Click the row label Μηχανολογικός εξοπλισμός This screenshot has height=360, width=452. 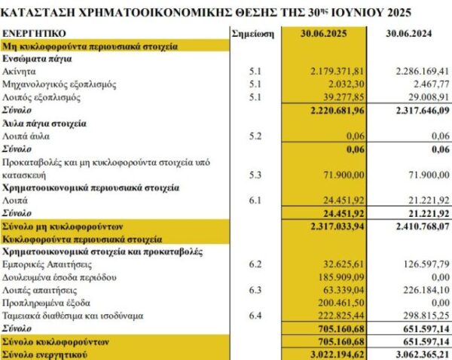click(58, 84)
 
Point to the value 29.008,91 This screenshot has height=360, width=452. click(422, 97)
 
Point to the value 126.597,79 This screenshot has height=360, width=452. click(419, 264)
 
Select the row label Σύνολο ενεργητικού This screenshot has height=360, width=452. click(47, 354)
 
